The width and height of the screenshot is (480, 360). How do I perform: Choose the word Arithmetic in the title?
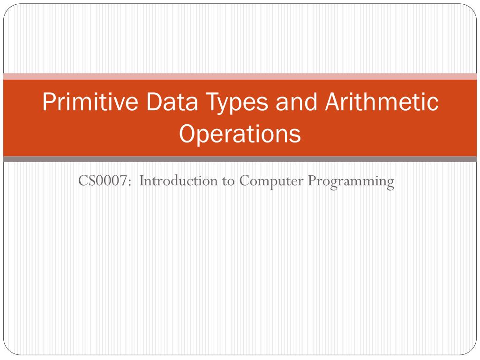[x=380, y=103]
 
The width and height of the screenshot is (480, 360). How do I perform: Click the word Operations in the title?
[x=240, y=135]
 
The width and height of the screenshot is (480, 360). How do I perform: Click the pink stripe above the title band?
[x=240, y=76]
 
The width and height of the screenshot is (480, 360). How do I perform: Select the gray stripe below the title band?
[x=240, y=159]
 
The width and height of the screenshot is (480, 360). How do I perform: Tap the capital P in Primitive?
[x=48, y=103]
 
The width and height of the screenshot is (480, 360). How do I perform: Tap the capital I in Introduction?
[x=142, y=181]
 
